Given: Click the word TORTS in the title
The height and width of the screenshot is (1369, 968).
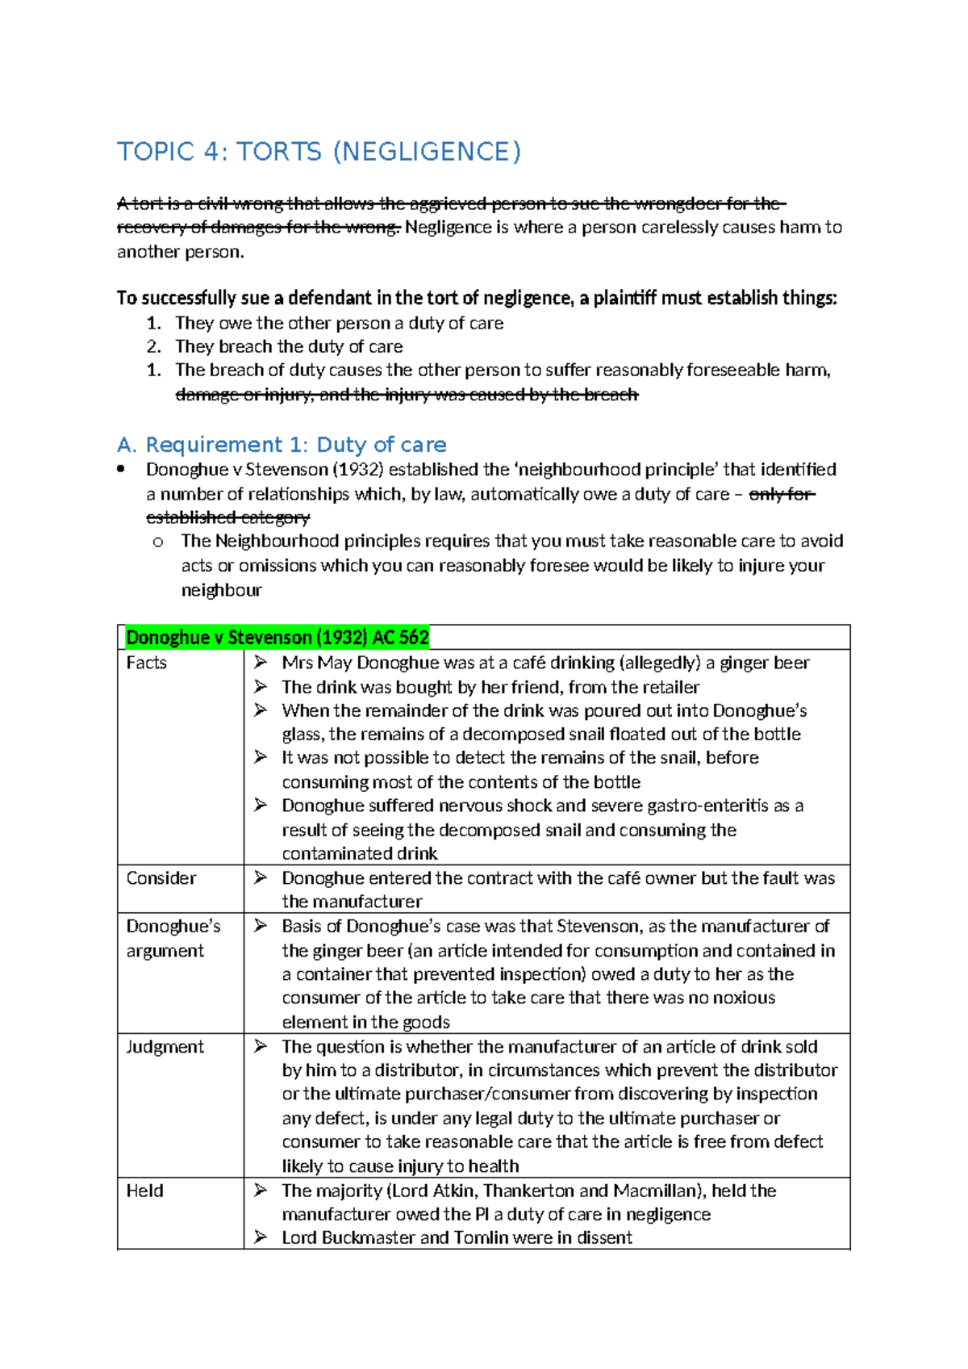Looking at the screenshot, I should tap(278, 152).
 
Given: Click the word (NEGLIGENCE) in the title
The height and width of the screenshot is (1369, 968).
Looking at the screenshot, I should tap(427, 152).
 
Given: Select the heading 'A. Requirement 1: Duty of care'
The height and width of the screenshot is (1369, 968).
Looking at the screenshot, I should tap(282, 445).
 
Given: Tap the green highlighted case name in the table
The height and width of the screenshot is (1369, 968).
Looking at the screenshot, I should tap(277, 638).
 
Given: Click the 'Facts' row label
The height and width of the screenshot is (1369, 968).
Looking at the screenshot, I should tap(146, 663).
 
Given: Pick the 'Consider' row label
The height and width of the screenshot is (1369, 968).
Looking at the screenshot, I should tap(161, 878).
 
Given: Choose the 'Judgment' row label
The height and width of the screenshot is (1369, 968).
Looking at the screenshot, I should tap(165, 1047).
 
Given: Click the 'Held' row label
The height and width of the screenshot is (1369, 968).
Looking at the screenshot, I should tap(144, 1191).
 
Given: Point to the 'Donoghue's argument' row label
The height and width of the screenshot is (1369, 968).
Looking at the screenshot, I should tap(173, 938).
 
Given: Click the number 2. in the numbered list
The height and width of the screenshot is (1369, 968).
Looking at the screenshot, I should tap(154, 347).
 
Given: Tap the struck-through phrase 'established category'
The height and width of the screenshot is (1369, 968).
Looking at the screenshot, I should tap(227, 517).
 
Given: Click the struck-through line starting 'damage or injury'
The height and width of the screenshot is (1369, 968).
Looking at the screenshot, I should tap(407, 395).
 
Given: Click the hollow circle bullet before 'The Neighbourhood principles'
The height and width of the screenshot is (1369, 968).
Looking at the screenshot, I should tap(158, 542).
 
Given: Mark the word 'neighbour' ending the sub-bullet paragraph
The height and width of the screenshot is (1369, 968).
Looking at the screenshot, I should tap(221, 591).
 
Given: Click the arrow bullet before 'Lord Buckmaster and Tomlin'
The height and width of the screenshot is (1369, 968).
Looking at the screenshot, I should tap(261, 1237).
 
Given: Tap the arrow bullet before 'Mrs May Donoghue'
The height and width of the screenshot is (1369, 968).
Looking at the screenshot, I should tap(261, 663).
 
